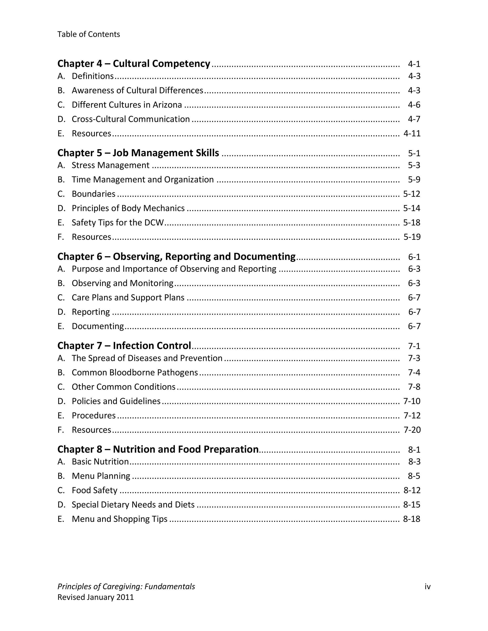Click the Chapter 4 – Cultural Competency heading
pyautogui.click(x=134, y=64)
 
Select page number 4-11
pyautogui.click(x=412, y=134)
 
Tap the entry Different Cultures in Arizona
pyautogui.click(x=127, y=105)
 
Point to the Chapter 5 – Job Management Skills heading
pyautogui.click(x=138, y=153)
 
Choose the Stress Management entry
pyautogui.click(x=110, y=165)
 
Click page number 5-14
pyautogui.click(x=412, y=208)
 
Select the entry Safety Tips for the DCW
pyautogui.click(x=118, y=222)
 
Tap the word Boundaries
pyautogui.click(x=93, y=194)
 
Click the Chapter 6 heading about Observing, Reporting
pyautogui.click(x=176, y=256)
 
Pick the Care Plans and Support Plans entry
pyautogui.click(x=128, y=298)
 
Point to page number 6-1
pyautogui.click(x=414, y=257)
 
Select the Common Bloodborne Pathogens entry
pyautogui.click(x=135, y=372)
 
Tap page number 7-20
pyautogui.click(x=412, y=430)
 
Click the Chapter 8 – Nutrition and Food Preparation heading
pyautogui.click(x=158, y=449)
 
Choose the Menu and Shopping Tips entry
pyautogui.click(x=119, y=519)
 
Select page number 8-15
pyautogui.click(x=412, y=505)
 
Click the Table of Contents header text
pyautogui.click(x=88, y=34)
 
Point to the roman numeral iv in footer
pyautogui.click(x=427, y=587)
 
